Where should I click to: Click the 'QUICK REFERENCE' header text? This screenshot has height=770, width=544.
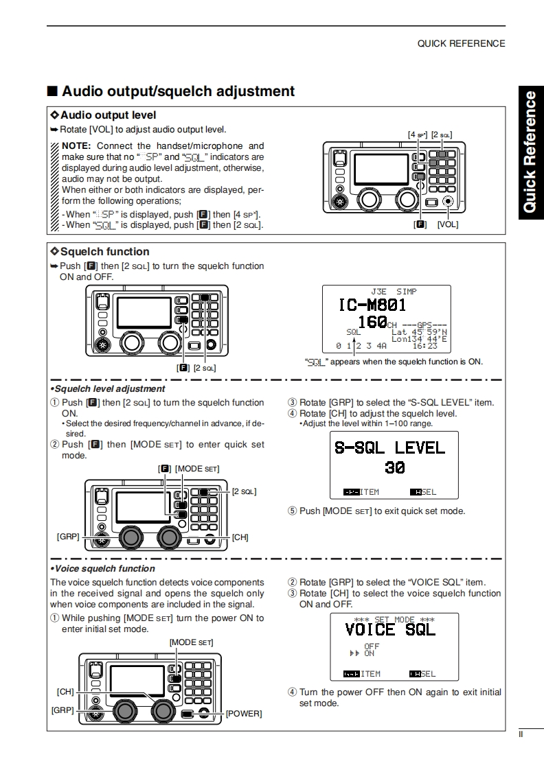pos(461,43)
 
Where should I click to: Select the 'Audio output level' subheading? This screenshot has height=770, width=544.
pos(108,115)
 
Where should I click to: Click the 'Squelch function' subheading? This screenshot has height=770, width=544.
pos(104,252)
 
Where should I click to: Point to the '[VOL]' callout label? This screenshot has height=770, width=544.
pos(447,224)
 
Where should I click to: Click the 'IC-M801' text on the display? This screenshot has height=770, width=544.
pos(372,305)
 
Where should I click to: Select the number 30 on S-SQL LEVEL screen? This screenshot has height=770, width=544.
pos(395,468)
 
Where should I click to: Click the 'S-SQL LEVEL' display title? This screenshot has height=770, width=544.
pos(389,448)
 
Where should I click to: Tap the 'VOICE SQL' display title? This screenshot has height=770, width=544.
pos(390,629)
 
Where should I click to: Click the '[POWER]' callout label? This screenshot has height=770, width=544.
pos(244,714)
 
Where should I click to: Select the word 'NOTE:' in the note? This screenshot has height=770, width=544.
pos(76,146)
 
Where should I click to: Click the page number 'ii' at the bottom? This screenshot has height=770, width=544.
pos(521,735)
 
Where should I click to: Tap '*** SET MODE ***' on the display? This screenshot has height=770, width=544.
pos(394,620)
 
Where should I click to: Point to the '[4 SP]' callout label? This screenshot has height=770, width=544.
pos(417,135)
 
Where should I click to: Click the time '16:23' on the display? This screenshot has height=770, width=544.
pos(425,346)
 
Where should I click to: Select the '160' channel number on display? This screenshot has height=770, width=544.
pos(372,322)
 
